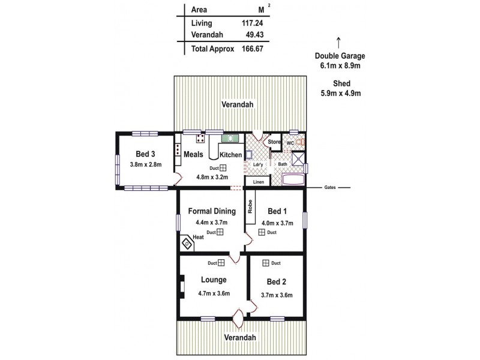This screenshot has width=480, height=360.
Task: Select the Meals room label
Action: [193, 154]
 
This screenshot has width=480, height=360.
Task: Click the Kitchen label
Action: [230, 155]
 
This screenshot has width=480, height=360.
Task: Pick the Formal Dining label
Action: [208, 211]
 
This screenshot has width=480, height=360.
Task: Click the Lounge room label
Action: [214, 280]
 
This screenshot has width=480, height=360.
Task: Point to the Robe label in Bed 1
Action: [250, 207]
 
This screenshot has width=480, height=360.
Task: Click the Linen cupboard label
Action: [259, 182]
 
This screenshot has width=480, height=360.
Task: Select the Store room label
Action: [274, 142]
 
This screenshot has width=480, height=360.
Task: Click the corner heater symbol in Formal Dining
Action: [187, 243]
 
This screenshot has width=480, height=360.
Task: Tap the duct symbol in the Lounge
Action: [221, 262]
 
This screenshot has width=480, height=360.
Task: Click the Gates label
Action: [330, 187]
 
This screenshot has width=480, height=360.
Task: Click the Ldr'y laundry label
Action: [259, 164]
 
